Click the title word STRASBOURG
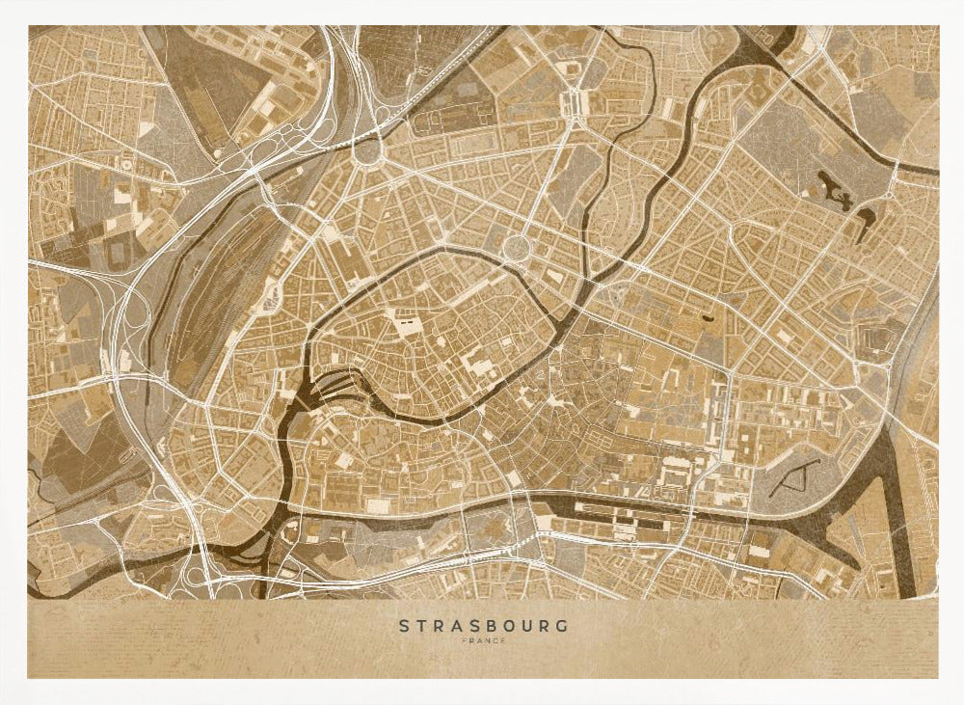point(484,626)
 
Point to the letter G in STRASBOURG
point(563,626)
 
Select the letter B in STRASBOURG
point(484,626)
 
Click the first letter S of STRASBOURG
point(405,626)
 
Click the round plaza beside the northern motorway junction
point(367,149)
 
